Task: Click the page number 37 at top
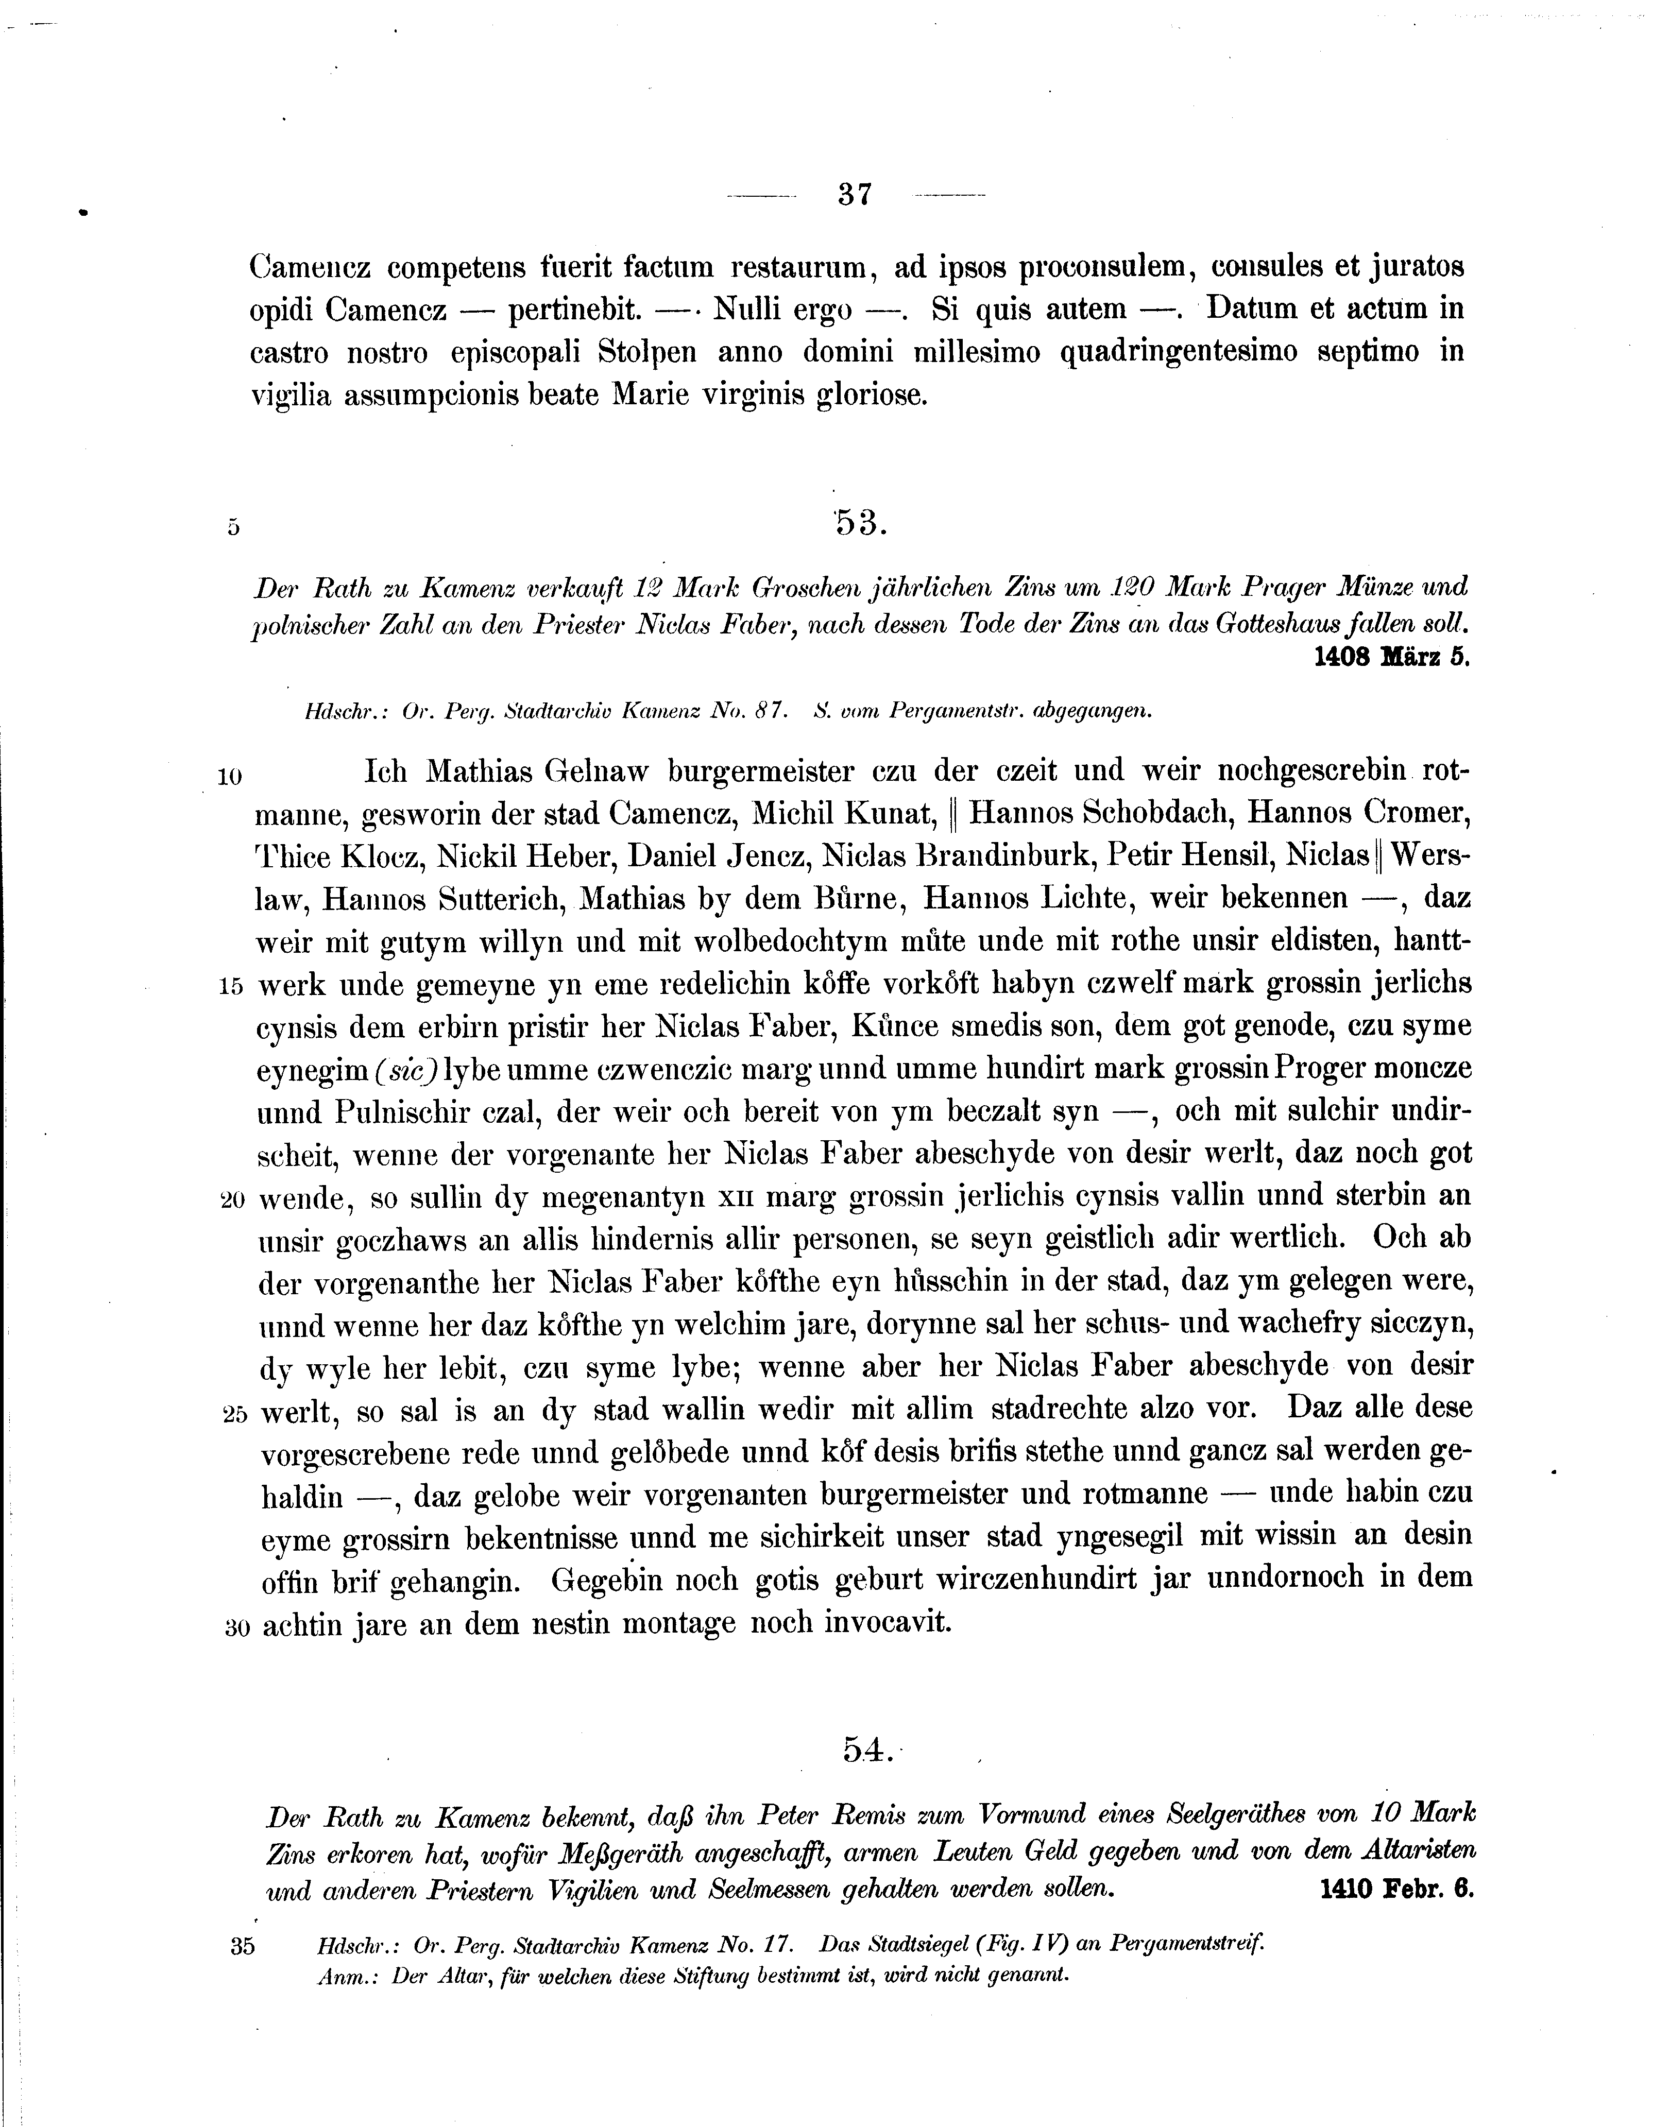[x=854, y=194]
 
